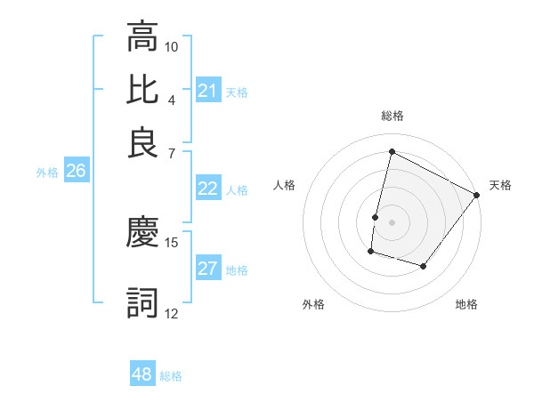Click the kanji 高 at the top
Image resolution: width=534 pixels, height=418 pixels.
[x=142, y=36]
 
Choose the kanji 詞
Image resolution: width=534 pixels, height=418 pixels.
[x=142, y=303]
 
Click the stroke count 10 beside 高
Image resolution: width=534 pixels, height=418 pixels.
[x=172, y=45]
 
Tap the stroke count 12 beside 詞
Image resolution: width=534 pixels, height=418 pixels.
[x=172, y=313]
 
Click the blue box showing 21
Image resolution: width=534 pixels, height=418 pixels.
[x=207, y=91]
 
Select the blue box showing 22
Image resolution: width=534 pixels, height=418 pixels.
[x=207, y=189]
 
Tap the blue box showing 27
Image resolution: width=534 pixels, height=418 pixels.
[x=207, y=269]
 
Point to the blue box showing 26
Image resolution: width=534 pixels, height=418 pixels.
[x=76, y=172]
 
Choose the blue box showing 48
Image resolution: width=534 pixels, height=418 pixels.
[x=142, y=374]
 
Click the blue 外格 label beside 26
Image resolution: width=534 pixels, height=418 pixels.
[x=47, y=173]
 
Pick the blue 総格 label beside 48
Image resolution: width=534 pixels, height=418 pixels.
[x=171, y=376]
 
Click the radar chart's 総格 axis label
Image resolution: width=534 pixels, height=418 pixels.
[x=392, y=116]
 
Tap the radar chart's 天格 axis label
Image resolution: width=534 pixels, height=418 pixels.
[x=500, y=185]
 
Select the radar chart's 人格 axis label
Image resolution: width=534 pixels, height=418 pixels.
[x=284, y=185]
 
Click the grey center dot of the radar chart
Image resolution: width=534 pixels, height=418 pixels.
[x=392, y=221]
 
